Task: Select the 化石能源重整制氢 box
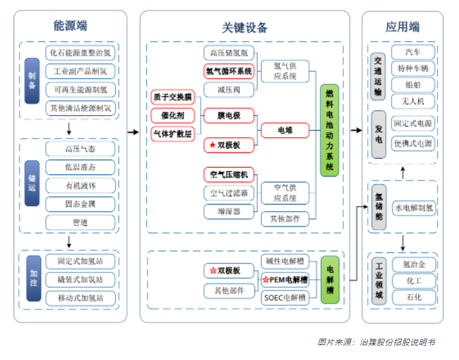point(81,52)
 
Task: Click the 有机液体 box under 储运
point(81,185)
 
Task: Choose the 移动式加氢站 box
point(81,298)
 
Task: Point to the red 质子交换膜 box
point(172,97)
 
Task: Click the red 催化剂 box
point(172,115)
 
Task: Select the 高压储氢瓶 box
point(229,53)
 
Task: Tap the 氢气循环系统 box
point(229,71)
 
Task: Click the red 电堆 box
point(285,130)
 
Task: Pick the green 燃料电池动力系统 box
point(329,130)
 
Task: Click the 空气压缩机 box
point(229,174)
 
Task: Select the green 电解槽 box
point(330,280)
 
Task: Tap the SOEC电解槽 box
point(285,298)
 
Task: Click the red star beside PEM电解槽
point(265,280)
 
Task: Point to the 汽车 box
point(412,52)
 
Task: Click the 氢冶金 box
point(413,264)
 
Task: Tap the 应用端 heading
point(402,27)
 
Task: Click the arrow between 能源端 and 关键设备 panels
point(133,131)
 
